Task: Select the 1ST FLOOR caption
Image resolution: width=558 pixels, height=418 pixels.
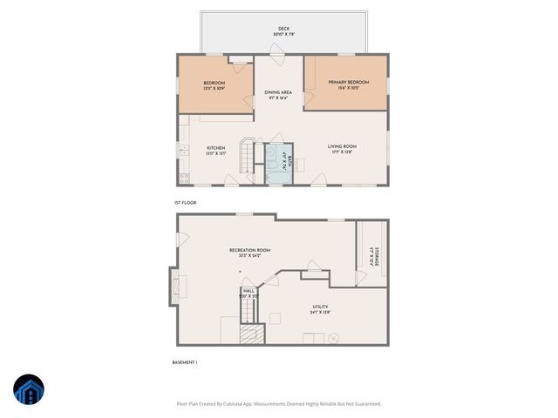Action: pos(185,203)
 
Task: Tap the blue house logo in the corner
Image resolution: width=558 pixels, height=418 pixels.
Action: pos(29,390)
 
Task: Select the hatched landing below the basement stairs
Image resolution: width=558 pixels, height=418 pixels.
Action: pos(251,335)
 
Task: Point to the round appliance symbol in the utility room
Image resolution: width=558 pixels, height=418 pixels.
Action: pos(332,340)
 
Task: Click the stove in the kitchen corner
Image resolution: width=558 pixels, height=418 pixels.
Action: pos(184,179)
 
